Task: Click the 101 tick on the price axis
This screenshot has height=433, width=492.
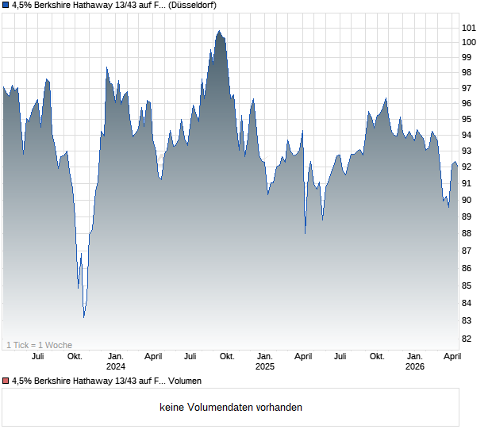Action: coord(470,28)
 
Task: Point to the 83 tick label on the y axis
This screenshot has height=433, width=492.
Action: coord(470,320)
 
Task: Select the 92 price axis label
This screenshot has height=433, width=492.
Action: coord(470,167)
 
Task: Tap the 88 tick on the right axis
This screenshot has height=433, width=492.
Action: coord(470,233)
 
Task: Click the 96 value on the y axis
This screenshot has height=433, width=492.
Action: coord(470,104)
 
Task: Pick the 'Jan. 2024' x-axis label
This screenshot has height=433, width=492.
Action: coord(116,361)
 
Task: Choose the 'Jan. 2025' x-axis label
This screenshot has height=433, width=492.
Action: coord(264,361)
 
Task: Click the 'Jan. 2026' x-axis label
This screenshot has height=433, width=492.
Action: coord(414,361)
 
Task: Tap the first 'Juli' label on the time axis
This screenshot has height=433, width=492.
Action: coord(37,356)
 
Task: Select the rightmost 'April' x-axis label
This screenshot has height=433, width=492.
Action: coord(452,356)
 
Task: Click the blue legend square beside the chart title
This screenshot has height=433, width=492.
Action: coord(6,6)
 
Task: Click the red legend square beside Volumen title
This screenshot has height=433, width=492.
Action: coord(6,381)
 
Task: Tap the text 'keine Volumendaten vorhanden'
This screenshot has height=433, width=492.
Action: coord(231,408)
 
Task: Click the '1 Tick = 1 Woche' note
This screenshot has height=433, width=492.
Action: coord(39,345)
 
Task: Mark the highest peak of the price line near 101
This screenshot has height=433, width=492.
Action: coord(219,31)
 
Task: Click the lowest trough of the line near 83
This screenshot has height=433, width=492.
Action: coord(84,317)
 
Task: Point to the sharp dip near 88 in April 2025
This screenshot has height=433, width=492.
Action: coord(306,233)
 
